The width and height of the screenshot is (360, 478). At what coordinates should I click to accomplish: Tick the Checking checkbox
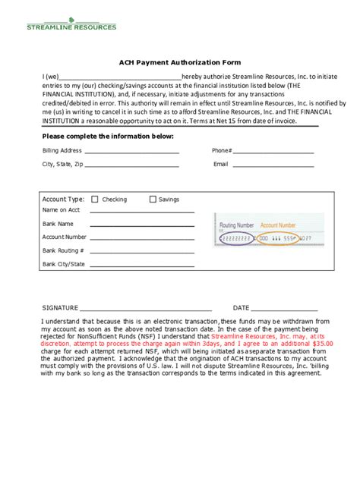point(95,200)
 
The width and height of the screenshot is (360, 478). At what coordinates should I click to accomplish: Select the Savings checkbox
point(153,200)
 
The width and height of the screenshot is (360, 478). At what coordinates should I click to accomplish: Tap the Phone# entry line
point(274,153)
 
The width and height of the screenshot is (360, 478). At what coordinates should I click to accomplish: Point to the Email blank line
point(274,166)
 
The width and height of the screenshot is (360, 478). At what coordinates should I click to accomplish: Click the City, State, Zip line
point(132,166)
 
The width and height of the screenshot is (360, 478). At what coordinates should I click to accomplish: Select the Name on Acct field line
point(142,212)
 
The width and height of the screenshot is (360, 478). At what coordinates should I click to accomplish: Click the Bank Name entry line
point(142,226)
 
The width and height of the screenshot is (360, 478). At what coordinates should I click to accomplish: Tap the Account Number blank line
point(142,239)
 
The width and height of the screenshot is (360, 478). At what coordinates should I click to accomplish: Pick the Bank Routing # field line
point(142,252)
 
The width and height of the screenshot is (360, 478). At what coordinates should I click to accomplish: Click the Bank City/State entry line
point(142,266)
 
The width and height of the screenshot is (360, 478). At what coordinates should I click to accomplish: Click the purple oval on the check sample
point(235,238)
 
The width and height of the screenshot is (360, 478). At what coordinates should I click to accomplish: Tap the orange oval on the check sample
point(277,238)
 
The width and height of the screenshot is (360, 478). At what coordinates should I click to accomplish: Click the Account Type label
point(63,200)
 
